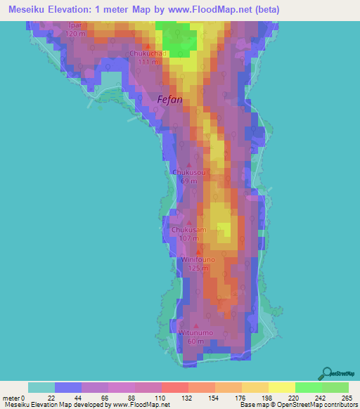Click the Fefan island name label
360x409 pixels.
click(169, 100)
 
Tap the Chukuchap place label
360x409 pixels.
click(148, 53)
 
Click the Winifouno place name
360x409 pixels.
click(198, 259)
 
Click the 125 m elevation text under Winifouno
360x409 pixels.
click(198, 268)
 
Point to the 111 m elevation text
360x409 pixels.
click(148, 62)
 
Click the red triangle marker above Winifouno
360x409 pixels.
click(198, 251)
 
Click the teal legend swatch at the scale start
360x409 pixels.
click(41, 387)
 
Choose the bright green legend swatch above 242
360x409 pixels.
click(309, 387)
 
